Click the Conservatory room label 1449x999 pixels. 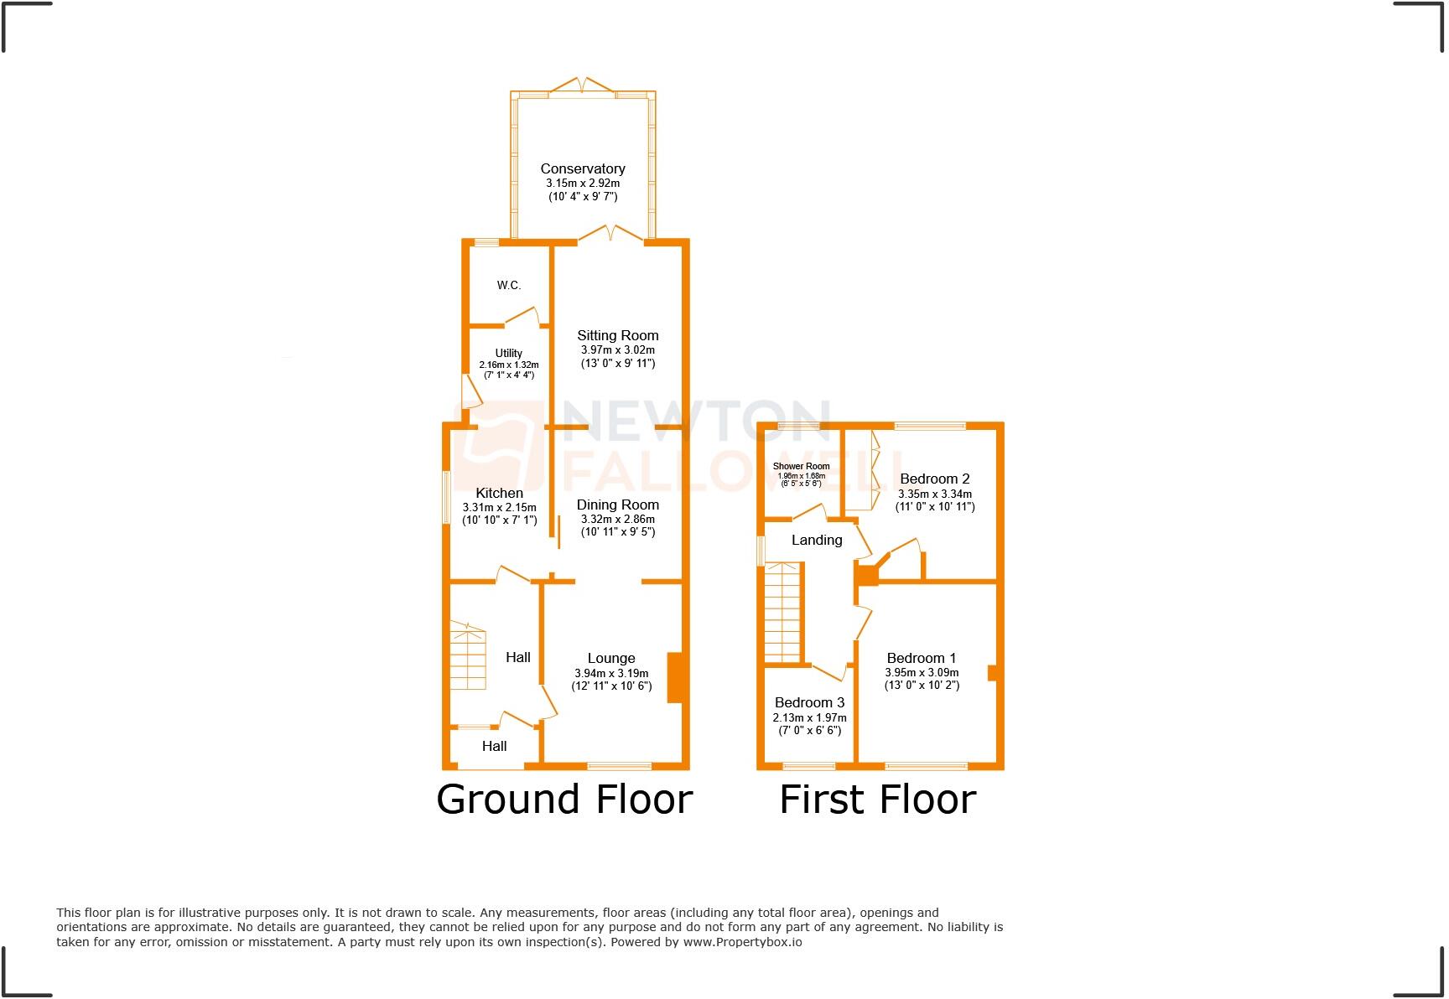(583, 168)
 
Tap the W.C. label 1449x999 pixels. (509, 285)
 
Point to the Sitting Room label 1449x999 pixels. (618, 335)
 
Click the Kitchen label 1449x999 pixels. (500, 493)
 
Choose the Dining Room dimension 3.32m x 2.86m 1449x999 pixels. (618, 519)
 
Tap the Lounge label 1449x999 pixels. (611, 658)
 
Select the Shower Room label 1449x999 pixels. (802, 466)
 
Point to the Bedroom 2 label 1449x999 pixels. (935, 479)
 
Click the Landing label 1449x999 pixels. (817, 540)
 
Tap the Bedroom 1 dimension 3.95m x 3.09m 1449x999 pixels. (922, 672)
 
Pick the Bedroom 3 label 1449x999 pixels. (809, 702)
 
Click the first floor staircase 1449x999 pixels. (782, 613)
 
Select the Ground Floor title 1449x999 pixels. (564, 799)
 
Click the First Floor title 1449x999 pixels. (878, 799)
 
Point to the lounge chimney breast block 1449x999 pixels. (676, 678)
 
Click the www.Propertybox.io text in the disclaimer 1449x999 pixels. (742, 942)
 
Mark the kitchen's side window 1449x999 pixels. (447, 498)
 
